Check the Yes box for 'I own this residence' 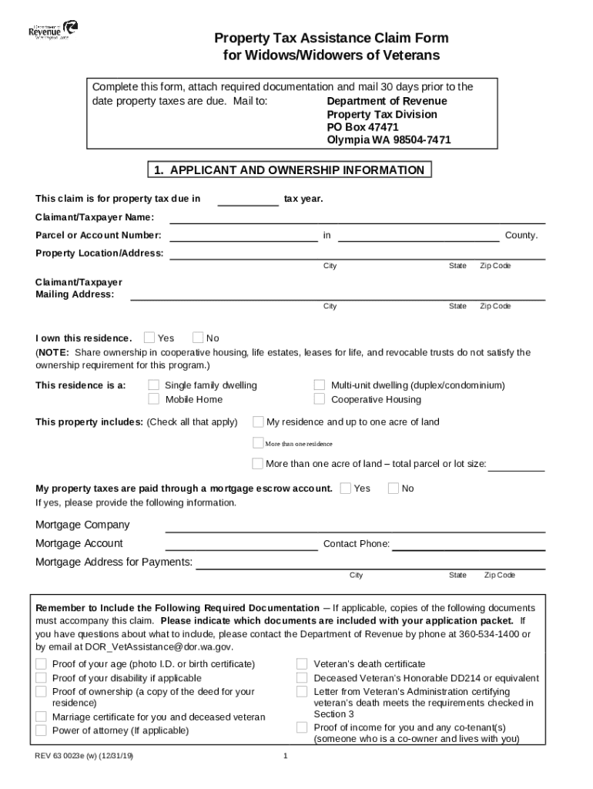(149, 337)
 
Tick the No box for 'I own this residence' (198, 337)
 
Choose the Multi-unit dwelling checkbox (319, 385)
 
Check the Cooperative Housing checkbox (319, 399)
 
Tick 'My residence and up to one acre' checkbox (258, 421)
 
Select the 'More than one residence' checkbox (258, 443)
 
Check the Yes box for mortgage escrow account (346, 488)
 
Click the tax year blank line (248, 201)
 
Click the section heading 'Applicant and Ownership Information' (290, 170)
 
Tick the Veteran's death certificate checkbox (302, 664)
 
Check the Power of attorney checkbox (41, 730)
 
